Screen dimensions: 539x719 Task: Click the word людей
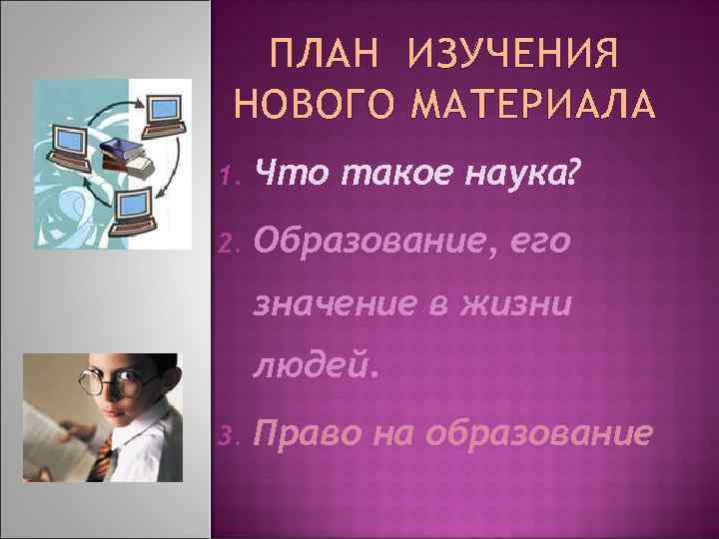tap(316, 368)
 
